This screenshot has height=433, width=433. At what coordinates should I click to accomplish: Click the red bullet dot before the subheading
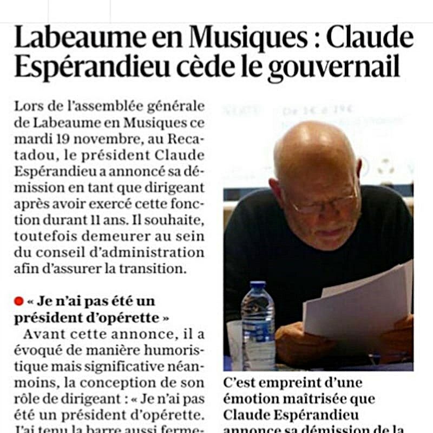19,301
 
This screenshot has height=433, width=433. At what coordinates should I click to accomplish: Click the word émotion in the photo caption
251,400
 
